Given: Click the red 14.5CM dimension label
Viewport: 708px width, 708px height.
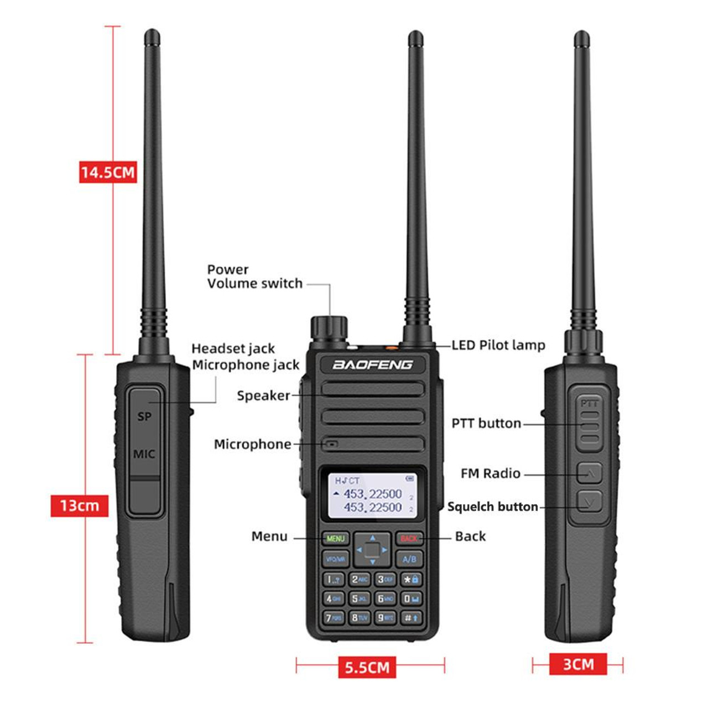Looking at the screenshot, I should point(108,172).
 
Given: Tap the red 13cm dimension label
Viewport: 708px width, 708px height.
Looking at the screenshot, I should point(79,506).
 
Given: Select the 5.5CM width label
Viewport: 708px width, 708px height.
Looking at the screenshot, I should point(367,667).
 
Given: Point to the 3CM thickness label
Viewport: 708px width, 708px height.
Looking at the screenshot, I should point(578,664).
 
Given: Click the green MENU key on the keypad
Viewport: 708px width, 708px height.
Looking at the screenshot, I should point(335,538).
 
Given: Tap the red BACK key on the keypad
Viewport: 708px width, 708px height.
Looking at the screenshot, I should point(409,538).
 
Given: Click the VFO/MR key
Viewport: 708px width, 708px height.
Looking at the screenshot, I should point(335,559).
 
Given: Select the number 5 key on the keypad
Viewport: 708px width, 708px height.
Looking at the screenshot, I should point(360,599).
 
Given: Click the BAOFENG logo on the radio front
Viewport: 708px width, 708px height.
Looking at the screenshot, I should point(373,365).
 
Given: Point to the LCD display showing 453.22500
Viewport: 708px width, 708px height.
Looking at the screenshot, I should point(372,496).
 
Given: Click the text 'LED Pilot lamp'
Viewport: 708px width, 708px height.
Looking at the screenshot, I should point(498,345).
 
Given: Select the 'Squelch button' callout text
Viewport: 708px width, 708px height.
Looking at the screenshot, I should point(492,507).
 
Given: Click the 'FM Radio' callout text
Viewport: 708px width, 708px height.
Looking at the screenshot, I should point(490,473).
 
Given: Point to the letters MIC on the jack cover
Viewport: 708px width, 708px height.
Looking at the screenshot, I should point(144,454).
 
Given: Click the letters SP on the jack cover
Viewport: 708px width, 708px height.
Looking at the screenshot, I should point(144,417).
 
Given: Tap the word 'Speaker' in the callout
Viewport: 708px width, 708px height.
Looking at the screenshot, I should point(263,395).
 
